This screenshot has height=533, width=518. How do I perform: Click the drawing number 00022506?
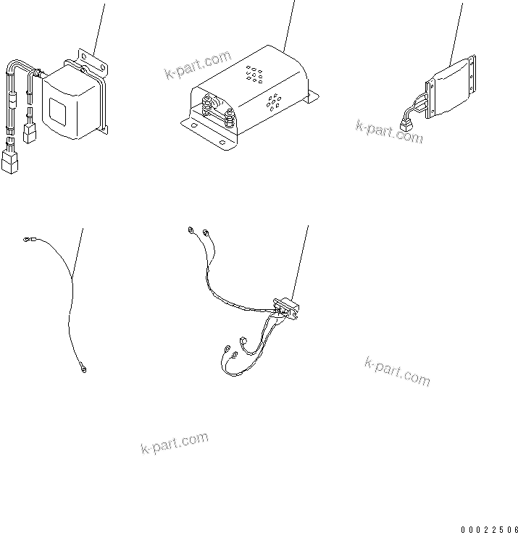pos(488,529)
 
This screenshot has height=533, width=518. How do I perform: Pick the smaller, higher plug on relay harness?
pos(30,133)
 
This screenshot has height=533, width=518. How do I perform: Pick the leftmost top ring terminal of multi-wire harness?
pos(191,231)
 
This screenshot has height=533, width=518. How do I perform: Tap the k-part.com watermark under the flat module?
pos(389,131)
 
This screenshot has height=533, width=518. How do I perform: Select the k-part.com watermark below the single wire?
pos(174,442)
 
